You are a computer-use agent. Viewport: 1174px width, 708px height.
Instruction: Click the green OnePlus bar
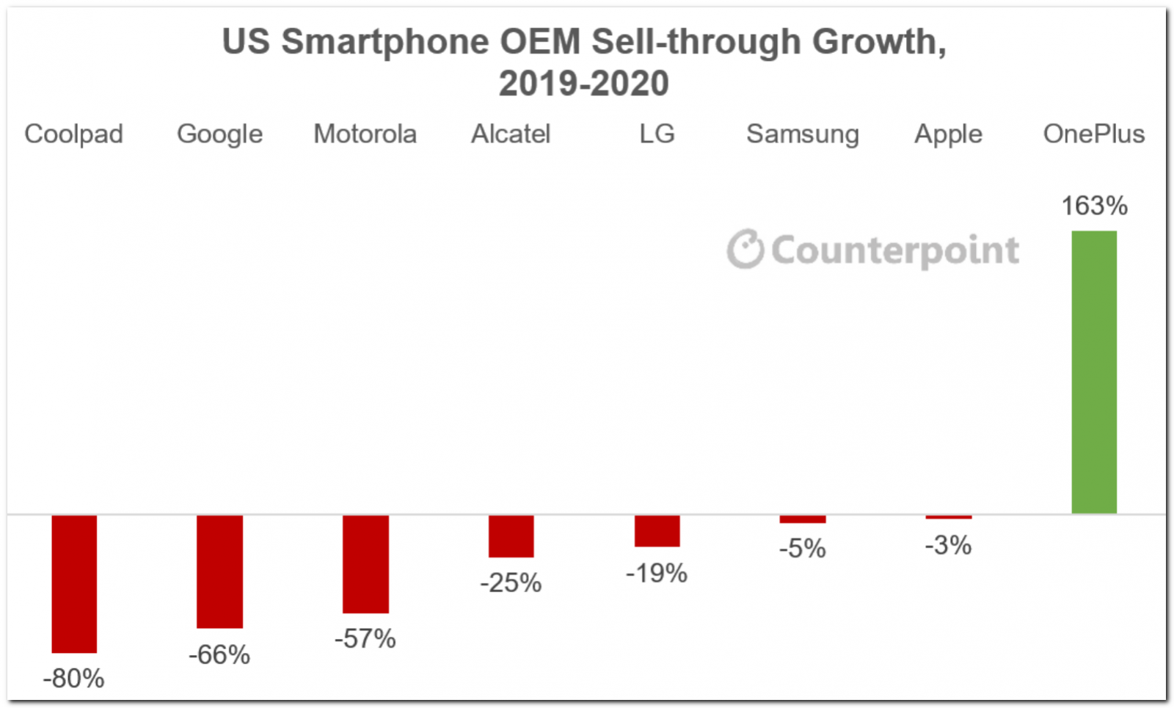(x=1094, y=372)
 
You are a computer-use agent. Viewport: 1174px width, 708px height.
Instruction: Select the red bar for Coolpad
(x=74, y=583)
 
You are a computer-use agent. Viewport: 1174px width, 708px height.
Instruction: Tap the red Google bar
(x=219, y=571)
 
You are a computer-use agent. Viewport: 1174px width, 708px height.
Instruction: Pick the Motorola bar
(x=365, y=563)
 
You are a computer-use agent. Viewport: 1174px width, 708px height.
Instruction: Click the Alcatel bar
(x=511, y=536)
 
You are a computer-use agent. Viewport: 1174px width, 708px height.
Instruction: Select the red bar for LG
(x=657, y=531)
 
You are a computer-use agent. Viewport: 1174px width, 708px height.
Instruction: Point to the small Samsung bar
(x=803, y=519)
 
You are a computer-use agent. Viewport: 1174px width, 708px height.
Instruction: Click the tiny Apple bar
(x=948, y=517)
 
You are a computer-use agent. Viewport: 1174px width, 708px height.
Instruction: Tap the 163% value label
(x=1094, y=206)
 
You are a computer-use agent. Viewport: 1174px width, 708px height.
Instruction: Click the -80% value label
(x=74, y=679)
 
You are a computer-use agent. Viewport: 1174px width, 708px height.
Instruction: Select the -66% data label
(x=219, y=654)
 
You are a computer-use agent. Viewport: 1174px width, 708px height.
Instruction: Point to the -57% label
(x=365, y=638)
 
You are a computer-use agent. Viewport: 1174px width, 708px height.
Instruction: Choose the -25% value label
(x=511, y=583)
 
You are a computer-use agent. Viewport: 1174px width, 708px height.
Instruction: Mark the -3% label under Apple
(x=948, y=545)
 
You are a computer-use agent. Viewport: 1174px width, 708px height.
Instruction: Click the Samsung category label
(x=803, y=134)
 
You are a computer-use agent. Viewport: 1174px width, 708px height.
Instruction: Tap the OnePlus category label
(x=1094, y=134)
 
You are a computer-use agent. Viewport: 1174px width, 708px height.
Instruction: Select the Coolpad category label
(x=74, y=134)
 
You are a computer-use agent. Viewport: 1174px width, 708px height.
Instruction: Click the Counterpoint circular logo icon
(x=745, y=249)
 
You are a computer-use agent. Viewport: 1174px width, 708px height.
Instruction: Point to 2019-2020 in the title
(x=584, y=84)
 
